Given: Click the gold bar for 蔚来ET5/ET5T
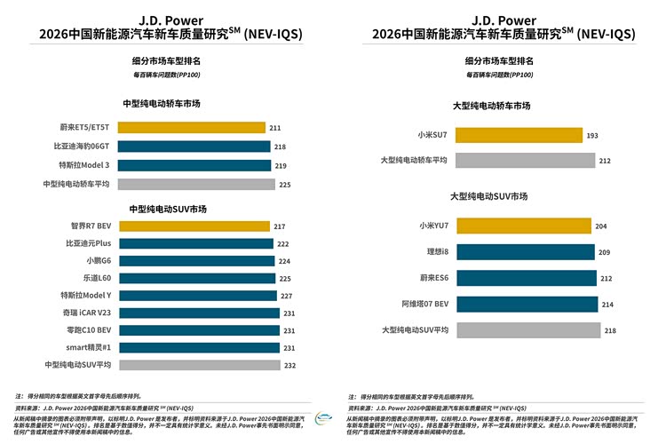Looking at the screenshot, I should pyautogui.click(x=190, y=128).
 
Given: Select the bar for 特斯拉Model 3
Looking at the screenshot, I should pyautogui.click(x=193, y=165).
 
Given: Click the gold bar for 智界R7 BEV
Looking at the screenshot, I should pyautogui.click(x=193, y=226).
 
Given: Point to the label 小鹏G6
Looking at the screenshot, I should pyautogui.click(x=98, y=261).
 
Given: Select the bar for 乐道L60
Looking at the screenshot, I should pyautogui.click(x=196, y=278).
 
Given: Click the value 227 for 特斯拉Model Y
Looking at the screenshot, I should pyautogui.click(x=288, y=296).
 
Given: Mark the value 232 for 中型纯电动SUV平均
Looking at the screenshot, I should pyautogui.click(x=291, y=365).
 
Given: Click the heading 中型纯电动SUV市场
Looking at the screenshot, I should pyautogui.click(x=168, y=209).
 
